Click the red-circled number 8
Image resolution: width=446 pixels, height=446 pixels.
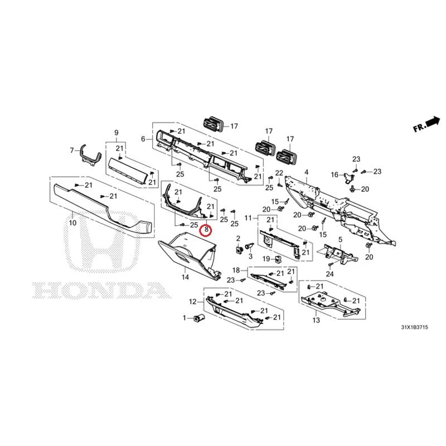point(206,230)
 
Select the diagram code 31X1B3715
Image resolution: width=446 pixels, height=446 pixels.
point(414,327)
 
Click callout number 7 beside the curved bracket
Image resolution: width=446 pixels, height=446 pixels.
point(72,150)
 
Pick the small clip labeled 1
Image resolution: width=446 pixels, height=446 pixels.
point(198,318)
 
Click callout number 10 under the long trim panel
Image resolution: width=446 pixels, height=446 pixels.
point(73,222)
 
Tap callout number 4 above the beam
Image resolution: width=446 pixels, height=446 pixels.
point(306,172)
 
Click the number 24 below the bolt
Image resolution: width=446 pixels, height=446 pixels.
point(329,274)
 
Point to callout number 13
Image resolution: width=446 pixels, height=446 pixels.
point(316,320)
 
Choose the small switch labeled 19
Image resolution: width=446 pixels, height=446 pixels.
point(277,259)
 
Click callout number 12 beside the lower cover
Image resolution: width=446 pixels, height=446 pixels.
point(192,302)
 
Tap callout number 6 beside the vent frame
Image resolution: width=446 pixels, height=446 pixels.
point(143,139)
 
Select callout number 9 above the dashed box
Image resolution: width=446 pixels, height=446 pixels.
point(116,133)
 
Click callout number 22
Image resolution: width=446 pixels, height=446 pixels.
point(279,173)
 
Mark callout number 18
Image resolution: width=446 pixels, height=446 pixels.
point(236,270)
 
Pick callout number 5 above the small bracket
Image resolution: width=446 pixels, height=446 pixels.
point(340,240)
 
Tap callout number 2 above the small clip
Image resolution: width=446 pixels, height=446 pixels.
point(239,239)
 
